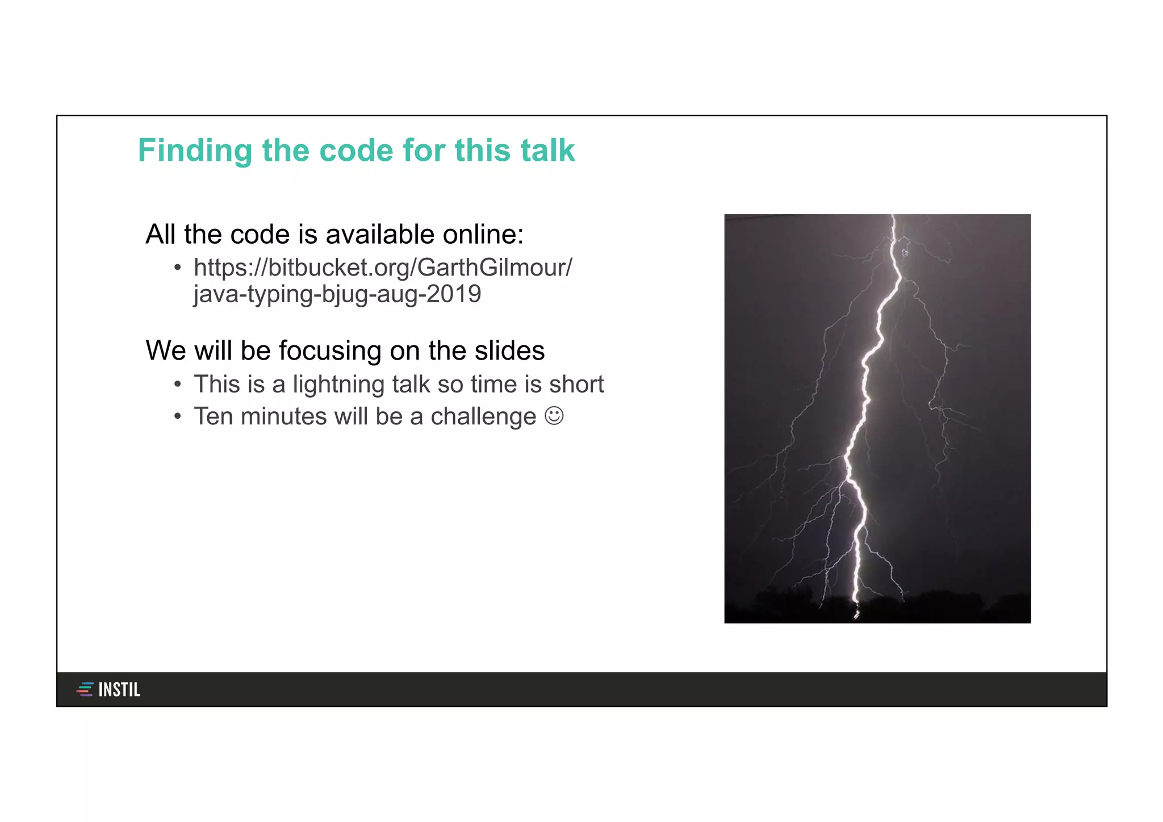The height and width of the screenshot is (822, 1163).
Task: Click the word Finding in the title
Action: click(195, 151)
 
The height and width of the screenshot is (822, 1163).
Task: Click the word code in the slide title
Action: click(356, 151)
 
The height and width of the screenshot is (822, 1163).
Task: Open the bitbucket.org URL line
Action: click(383, 268)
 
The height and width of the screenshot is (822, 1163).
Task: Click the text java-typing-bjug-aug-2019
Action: click(337, 294)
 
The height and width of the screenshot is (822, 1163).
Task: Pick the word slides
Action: click(509, 351)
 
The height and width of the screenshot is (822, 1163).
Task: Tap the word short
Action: click(576, 385)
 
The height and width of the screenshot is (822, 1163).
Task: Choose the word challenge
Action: click(483, 416)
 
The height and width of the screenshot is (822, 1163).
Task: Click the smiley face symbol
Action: click(554, 416)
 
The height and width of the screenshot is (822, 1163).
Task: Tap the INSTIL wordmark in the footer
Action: click(119, 690)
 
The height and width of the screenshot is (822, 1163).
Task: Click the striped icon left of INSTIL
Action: click(85, 690)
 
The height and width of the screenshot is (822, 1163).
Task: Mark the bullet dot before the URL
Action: click(178, 268)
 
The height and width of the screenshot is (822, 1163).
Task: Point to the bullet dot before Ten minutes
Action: click(178, 417)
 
